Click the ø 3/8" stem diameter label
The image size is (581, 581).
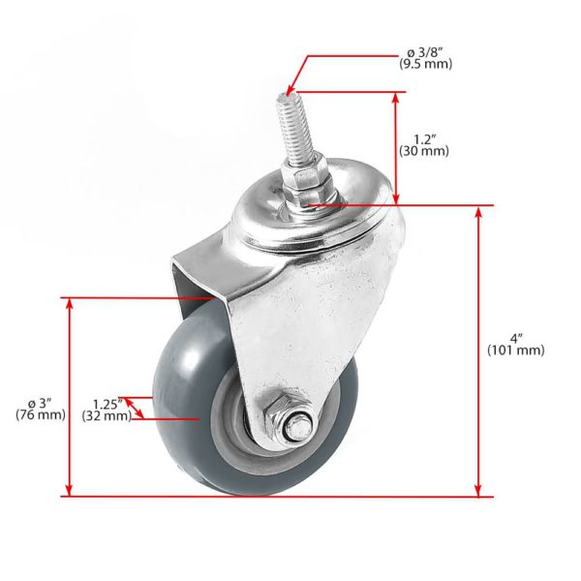point(425,53)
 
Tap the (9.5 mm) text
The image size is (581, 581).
point(426,64)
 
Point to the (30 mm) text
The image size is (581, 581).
point(424,151)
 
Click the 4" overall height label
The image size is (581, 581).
point(516,339)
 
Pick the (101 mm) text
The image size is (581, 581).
point(516,351)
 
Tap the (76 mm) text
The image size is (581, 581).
point(41,414)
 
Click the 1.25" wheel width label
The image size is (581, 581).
point(107,404)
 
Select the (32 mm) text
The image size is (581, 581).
point(107,416)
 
